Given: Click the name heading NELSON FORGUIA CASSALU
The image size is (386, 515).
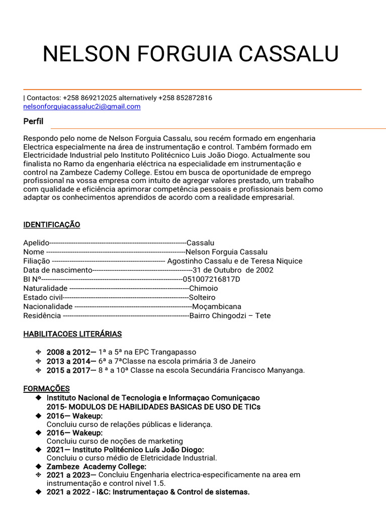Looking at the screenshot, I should [x=190, y=54].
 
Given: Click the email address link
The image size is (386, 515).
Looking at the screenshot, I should [x=82, y=107].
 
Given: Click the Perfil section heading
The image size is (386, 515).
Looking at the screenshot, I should [x=33, y=122].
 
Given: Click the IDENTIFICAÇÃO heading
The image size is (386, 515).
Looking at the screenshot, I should [x=52, y=224].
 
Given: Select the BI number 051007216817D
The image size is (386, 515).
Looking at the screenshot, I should [x=212, y=279].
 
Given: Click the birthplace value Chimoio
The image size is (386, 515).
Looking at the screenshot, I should [x=204, y=288].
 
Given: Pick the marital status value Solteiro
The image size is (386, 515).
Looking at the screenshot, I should [x=202, y=297].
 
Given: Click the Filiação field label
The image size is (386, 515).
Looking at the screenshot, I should [x=37, y=261].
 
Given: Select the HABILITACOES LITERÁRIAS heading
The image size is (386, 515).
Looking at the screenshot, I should [x=72, y=334].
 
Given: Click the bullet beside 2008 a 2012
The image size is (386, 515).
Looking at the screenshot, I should [x=39, y=352].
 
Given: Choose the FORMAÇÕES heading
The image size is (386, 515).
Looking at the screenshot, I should [x=47, y=389].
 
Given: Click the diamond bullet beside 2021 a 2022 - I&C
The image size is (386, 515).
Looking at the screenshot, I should [x=39, y=492].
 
